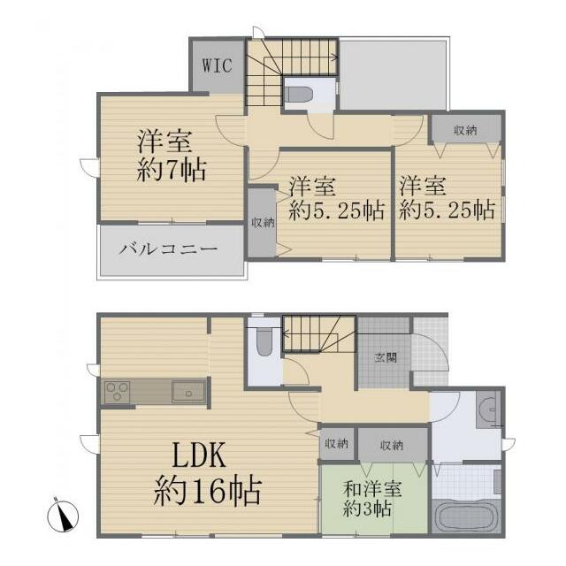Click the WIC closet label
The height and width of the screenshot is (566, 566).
point(217,66)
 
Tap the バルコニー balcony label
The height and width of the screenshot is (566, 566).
point(169,249)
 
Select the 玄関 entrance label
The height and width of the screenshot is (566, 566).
point(386,357)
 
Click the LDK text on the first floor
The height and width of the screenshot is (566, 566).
point(199,455)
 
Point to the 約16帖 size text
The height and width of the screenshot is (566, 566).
point(208,491)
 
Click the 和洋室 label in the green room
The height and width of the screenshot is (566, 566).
point(372,489)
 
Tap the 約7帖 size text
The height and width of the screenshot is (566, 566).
point(172,170)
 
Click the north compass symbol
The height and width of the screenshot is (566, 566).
point(63,516)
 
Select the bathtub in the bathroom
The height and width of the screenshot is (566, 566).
point(467,516)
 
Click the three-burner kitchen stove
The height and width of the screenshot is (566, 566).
point(118,391)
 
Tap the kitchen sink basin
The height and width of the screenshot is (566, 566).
point(188,392)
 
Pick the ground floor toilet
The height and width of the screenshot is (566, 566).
point(264,341)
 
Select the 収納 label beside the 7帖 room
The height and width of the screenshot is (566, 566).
point(264,223)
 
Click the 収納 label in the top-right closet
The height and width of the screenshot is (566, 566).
point(466,130)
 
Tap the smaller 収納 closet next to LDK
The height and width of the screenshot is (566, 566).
point(337,444)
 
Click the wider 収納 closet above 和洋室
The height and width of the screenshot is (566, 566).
point(393,445)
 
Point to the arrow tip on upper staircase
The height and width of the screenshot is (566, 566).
point(337,57)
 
